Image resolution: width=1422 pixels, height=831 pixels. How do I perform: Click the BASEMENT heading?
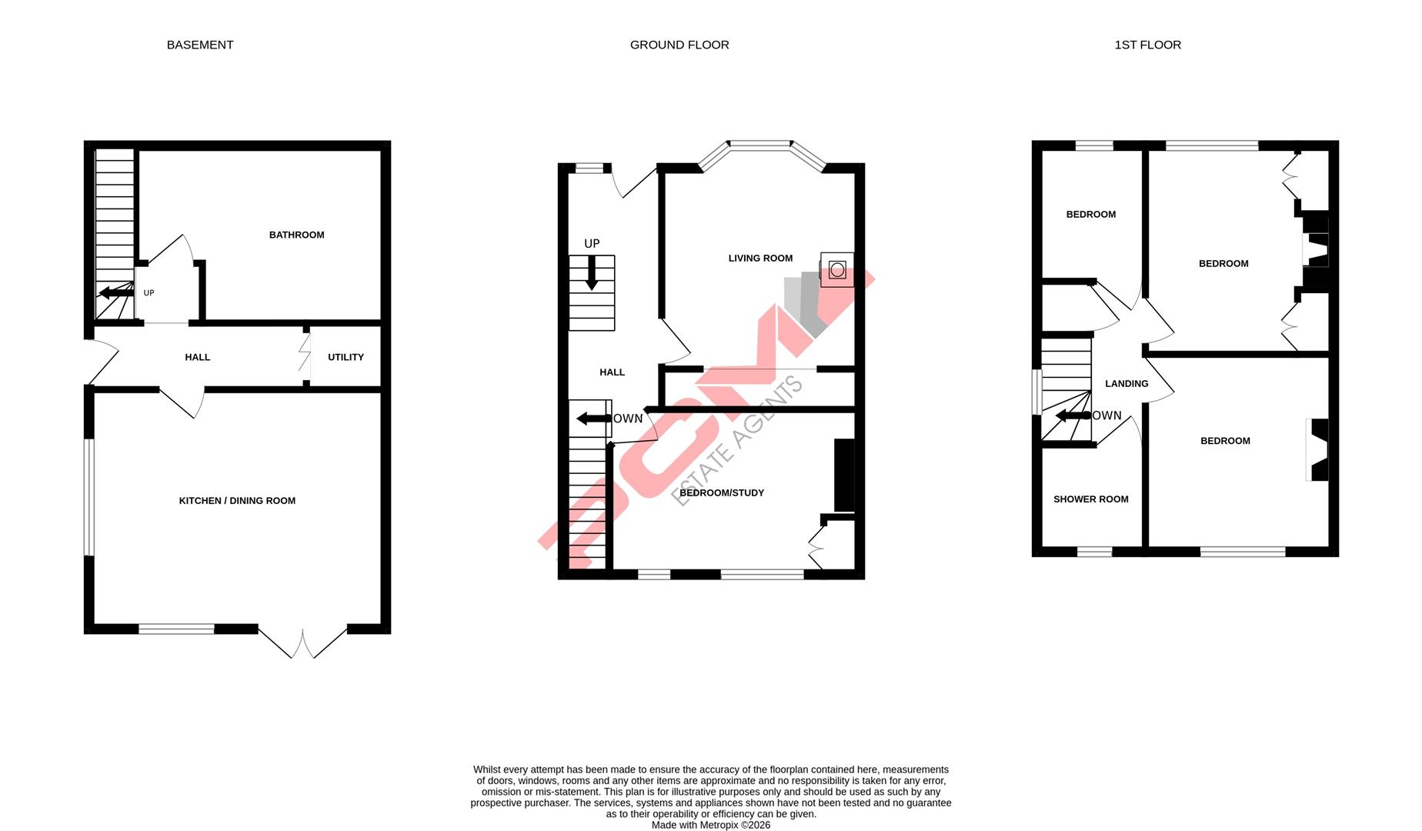(x=200, y=45)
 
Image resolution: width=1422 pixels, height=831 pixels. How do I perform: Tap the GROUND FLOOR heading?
(x=679, y=45)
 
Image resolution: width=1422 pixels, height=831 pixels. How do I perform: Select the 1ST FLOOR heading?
(x=1147, y=45)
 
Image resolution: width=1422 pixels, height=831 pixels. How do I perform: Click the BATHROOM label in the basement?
(x=296, y=235)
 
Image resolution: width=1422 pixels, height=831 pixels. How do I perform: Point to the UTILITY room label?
(x=345, y=357)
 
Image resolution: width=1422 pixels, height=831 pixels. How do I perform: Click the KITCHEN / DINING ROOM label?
(x=237, y=501)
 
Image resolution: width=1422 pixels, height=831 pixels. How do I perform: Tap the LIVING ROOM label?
(x=760, y=259)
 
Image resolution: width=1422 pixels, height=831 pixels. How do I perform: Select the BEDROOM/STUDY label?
(x=722, y=493)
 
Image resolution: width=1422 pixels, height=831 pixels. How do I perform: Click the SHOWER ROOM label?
(x=1090, y=499)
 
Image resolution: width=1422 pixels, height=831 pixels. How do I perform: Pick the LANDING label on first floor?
(x=1127, y=384)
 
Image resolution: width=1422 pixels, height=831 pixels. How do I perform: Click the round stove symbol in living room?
(x=837, y=269)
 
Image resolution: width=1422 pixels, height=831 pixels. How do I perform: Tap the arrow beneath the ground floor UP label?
(x=592, y=272)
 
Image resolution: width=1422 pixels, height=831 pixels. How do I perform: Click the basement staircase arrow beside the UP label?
(x=116, y=292)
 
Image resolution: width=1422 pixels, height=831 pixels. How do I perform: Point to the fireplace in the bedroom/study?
(x=845, y=475)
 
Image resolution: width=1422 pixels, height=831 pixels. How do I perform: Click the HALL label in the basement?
(x=197, y=357)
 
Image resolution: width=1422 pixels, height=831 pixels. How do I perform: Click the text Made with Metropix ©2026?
(x=710, y=825)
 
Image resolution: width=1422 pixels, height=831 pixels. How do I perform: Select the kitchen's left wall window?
(x=89, y=496)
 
